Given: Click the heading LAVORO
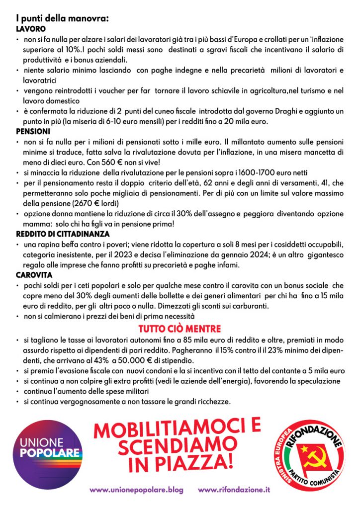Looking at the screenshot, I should (x=31, y=29).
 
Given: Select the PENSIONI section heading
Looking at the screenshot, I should (x=33, y=132).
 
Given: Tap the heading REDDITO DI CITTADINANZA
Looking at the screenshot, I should (x=63, y=234).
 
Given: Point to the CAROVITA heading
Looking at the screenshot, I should (x=34, y=274).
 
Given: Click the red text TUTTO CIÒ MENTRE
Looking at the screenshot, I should (x=180, y=329).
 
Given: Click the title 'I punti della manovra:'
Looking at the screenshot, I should (x=62, y=19).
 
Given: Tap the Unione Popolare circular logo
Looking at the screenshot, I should (x=48, y=450).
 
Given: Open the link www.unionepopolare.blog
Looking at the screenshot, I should (x=136, y=490).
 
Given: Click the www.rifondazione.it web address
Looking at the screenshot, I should (x=234, y=490).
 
